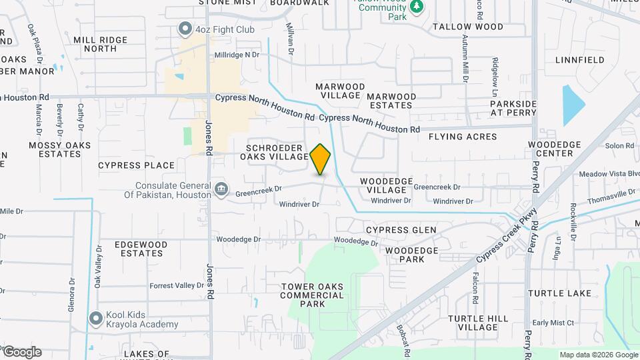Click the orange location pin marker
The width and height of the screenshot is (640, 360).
coord(321,159)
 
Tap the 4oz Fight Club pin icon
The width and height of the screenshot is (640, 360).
coord(185,29)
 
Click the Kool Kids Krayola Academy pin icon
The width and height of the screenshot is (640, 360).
coord(95,319)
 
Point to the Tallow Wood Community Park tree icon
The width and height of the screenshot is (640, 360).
coord(417,7)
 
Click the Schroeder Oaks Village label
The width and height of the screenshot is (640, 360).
coord(277,152)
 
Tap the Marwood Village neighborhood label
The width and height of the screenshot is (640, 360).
coord(340,91)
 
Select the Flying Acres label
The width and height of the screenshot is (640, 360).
coord(463,137)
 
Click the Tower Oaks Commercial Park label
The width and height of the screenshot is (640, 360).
coord(312,295)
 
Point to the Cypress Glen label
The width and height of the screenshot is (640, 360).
coord(401,230)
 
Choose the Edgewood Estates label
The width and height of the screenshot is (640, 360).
coord(141,249)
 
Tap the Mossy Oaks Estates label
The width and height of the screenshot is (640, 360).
coord(59,149)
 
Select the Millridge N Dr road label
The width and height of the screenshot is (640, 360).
coord(237,55)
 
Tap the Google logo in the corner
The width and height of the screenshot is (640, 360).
coord(21,352)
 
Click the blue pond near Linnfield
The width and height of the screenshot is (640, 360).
coord(573,105)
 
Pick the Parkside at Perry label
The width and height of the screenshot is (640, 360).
coord(513,109)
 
